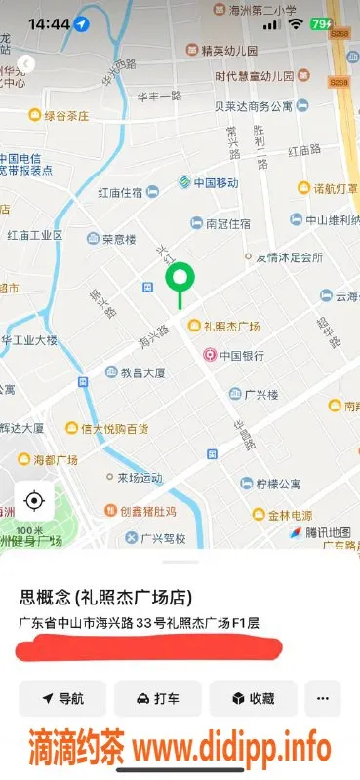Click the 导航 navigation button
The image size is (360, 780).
point(61,698)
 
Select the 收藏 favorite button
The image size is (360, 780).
point(253,698)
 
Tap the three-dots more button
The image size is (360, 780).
point(323,698)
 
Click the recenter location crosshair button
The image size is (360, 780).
point(34,501)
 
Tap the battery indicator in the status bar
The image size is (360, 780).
point(320,22)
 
